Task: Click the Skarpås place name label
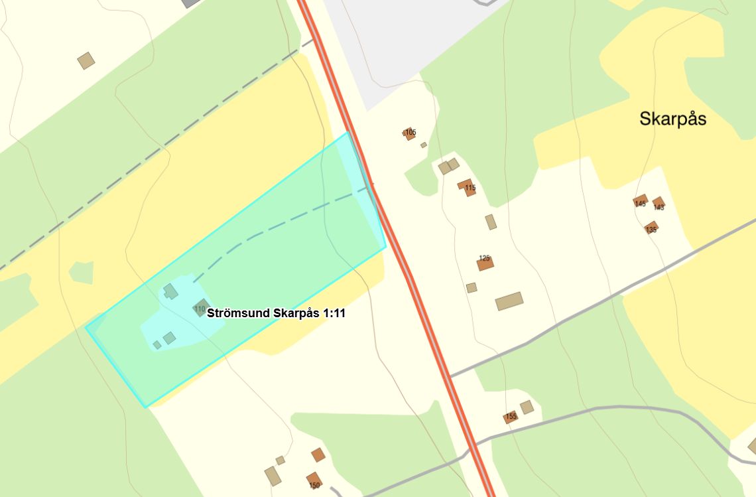coord(672,119)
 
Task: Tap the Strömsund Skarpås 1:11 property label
coord(276,313)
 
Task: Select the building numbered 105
coord(409,133)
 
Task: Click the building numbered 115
coord(467,187)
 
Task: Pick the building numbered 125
coord(485,263)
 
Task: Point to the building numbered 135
coord(651,228)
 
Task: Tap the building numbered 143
coord(658,203)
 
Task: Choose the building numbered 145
coord(641,201)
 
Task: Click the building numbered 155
coord(510,417)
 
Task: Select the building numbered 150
coord(314,480)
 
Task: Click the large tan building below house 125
coord(509,301)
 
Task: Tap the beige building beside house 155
coord(527,407)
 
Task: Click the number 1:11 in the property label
coord(334,313)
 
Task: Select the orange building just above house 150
coord(318,455)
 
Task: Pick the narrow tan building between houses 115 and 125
coord(491,222)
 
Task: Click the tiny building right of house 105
coord(424,145)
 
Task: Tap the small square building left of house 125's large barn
coord(472,287)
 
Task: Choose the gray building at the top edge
coord(192,3)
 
